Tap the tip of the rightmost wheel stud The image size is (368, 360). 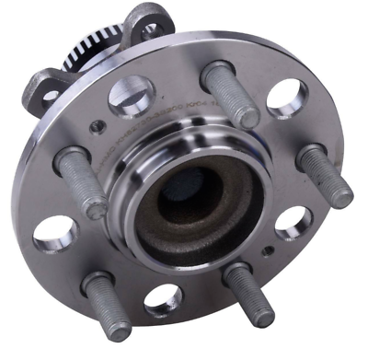[340, 194]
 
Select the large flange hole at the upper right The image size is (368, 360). [285, 97]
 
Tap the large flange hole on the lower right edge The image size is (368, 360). [293, 222]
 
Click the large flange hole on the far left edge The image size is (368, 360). [54, 232]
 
